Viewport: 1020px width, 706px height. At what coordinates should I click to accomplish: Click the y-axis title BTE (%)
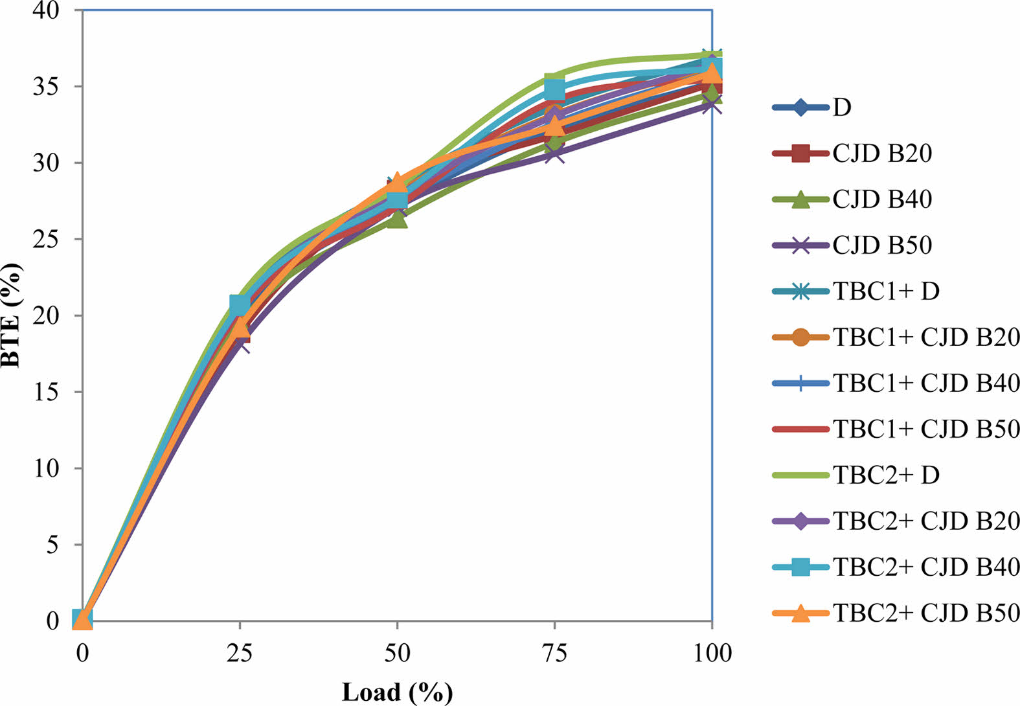click(11, 315)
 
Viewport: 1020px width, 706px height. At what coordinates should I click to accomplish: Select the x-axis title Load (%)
click(397, 692)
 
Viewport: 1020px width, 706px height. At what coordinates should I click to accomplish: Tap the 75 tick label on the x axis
click(554, 653)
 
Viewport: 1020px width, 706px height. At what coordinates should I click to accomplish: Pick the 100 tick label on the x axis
click(712, 653)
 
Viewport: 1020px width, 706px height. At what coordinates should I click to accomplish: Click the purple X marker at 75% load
click(555, 154)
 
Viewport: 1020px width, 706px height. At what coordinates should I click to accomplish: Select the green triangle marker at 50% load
click(397, 219)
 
